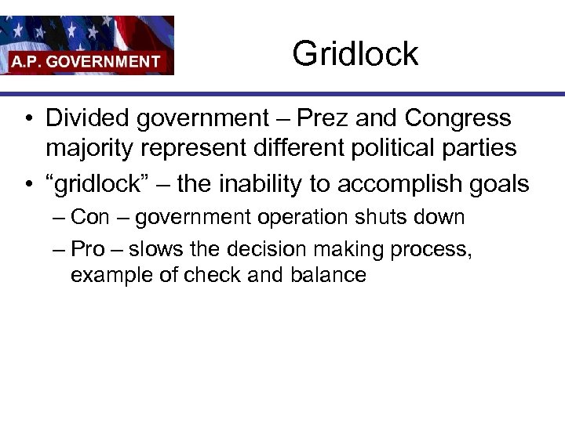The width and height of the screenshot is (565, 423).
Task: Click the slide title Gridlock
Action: click(x=355, y=54)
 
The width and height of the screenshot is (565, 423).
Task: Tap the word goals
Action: click(x=499, y=184)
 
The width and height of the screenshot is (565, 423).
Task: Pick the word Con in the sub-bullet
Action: click(x=90, y=217)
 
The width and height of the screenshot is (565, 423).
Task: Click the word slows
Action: click(x=153, y=249)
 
